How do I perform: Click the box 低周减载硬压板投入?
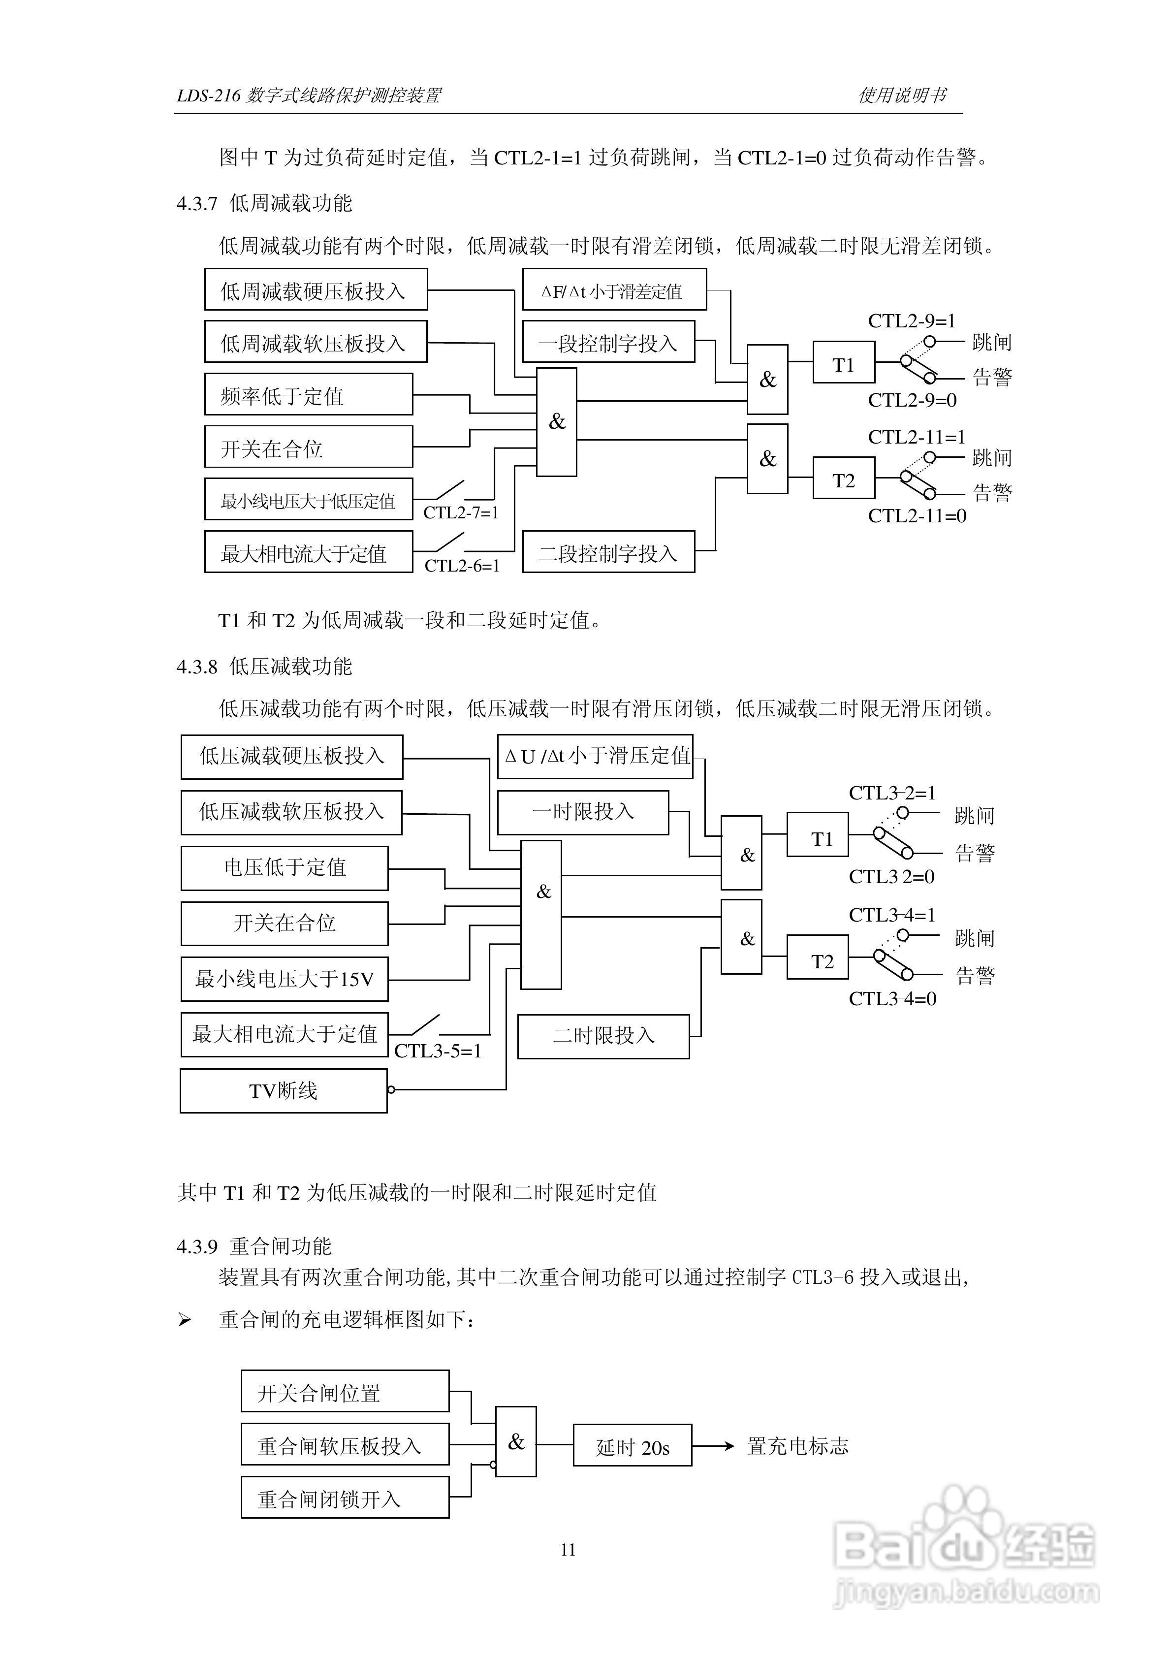click(316, 289)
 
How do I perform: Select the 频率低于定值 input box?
click(308, 394)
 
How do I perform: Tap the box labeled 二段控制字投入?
click(608, 552)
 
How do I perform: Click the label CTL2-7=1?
click(461, 512)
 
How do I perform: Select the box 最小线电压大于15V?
click(285, 979)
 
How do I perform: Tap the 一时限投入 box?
click(583, 812)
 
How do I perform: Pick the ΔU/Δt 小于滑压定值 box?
click(595, 756)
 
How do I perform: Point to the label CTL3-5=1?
click(438, 1051)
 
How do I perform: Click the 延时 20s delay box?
click(632, 1445)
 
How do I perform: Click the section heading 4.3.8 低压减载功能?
click(264, 667)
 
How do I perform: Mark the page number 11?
click(568, 1549)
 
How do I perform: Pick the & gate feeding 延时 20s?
click(515, 1442)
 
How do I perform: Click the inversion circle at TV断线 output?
click(391, 1090)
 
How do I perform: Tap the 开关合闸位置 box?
click(345, 1392)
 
